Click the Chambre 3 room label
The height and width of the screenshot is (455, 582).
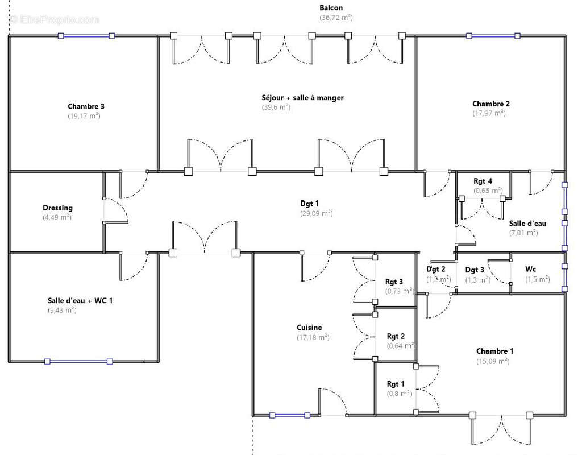pyautogui.click(x=86, y=106)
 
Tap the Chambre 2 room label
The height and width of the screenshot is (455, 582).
pyautogui.click(x=491, y=104)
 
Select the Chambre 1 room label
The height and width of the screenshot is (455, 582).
pyautogui.click(x=494, y=351)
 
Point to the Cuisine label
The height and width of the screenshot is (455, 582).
pyautogui.click(x=309, y=328)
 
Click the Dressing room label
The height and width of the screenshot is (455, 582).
pyautogui.click(x=57, y=208)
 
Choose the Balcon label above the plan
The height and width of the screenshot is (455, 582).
pyautogui.click(x=331, y=8)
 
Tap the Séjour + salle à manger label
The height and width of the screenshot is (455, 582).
pyautogui.click(x=302, y=98)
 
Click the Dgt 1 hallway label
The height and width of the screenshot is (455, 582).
pyautogui.click(x=310, y=204)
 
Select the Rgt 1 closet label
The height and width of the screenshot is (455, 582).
pyautogui.click(x=396, y=384)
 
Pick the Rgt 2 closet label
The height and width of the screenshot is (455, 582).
pyautogui.click(x=396, y=336)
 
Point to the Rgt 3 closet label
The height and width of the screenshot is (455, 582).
pyautogui.click(x=394, y=282)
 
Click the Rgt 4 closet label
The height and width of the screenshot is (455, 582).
pyautogui.click(x=483, y=181)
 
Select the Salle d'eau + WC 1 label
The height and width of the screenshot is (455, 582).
pyautogui.click(x=80, y=300)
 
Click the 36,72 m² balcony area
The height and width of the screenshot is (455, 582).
pyautogui.click(x=336, y=18)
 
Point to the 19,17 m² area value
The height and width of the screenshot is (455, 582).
pyautogui.click(x=84, y=115)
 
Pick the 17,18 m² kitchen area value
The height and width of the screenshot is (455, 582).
pyautogui.click(x=313, y=337)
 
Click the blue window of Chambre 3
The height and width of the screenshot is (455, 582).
pyautogui.click(x=86, y=36)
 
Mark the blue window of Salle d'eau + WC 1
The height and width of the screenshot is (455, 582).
pyautogui.click(x=79, y=361)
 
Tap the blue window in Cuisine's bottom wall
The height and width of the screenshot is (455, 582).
pyautogui.click(x=290, y=415)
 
